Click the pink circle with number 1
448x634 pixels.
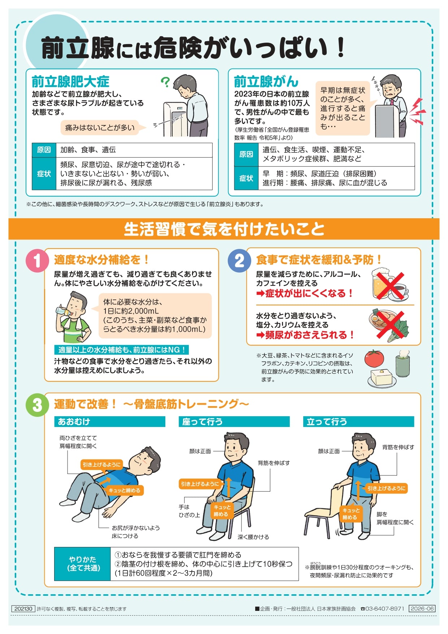click(x=37, y=260)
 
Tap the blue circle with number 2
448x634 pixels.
click(x=239, y=260)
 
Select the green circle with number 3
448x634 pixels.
click(x=37, y=405)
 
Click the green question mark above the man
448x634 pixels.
click(x=165, y=82)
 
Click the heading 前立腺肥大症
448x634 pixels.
click(x=70, y=82)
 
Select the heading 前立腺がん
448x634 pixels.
click(x=266, y=82)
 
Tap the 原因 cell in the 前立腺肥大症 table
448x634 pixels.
click(x=44, y=150)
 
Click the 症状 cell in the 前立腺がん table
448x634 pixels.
click(x=246, y=178)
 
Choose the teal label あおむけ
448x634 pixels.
click(x=110, y=422)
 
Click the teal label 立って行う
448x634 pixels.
click(x=358, y=422)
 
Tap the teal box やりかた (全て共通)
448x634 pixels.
click(x=82, y=564)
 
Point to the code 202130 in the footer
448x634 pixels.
click(x=23, y=609)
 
